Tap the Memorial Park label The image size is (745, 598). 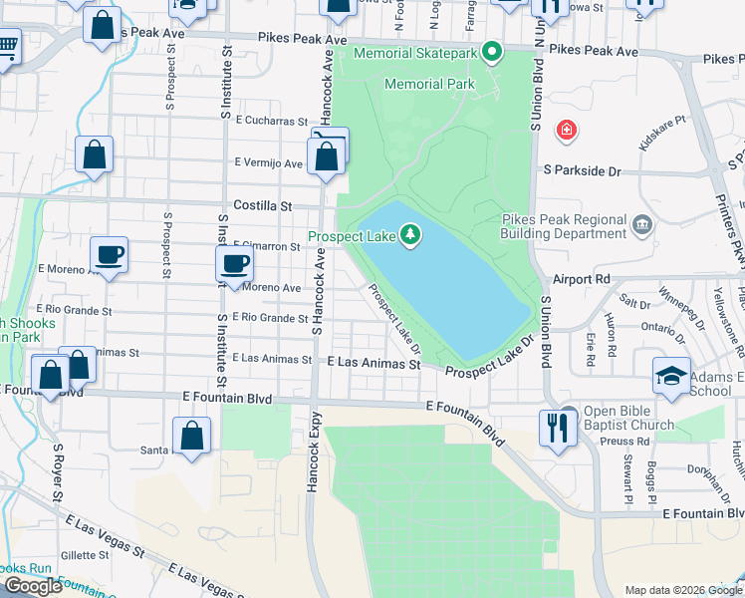[429, 85]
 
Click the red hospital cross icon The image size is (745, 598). [567, 130]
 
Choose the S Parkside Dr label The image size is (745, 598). [582, 171]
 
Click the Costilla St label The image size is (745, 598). [262, 205]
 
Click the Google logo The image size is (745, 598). [33, 586]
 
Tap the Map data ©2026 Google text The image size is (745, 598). [682, 589]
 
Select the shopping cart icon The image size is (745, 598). [7, 45]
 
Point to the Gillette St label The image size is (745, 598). [85, 555]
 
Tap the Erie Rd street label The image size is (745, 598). [591, 342]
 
